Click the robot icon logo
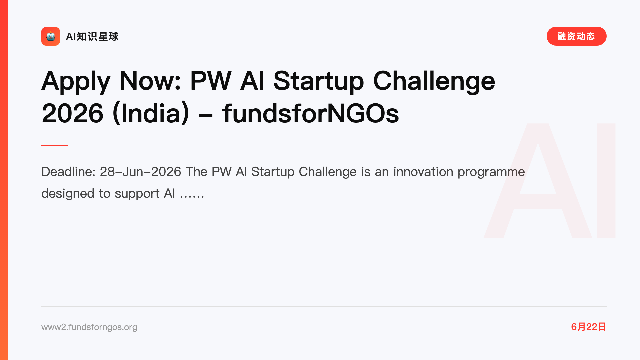click(x=51, y=36)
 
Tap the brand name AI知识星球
click(x=92, y=36)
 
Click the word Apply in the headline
click(x=76, y=82)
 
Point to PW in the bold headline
click(x=211, y=81)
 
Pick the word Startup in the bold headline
click(x=319, y=82)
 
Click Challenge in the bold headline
click(x=434, y=82)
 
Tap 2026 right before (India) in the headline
click(x=72, y=113)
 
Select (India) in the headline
click(x=151, y=114)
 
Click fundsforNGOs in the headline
click(x=310, y=113)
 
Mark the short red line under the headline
click(x=55, y=146)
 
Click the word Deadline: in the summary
click(x=68, y=172)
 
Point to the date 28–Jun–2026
click(x=140, y=172)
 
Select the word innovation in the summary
click(x=423, y=172)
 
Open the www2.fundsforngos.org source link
click(x=89, y=327)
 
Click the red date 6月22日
click(x=589, y=327)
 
